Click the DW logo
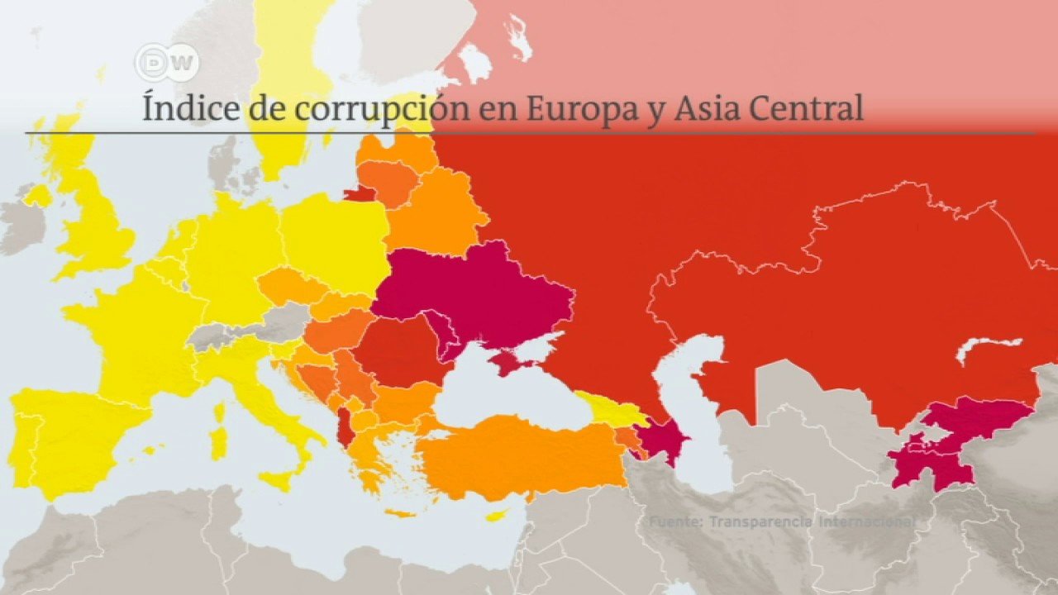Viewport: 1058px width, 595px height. pos(166,63)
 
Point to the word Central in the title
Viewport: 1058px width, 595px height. pos(811,109)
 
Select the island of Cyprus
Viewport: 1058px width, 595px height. pos(496,516)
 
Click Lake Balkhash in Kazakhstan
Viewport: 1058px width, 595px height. pos(988,347)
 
